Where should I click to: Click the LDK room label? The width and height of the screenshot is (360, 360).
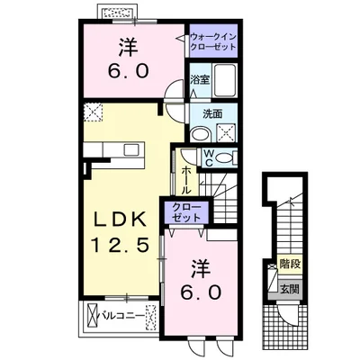(x=120, y=220)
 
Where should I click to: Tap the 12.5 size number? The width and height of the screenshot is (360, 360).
(x=120, y=245)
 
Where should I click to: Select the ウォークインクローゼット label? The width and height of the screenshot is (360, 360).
(x=213, y=41)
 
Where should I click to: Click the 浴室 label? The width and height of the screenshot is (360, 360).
(x=200, y=80)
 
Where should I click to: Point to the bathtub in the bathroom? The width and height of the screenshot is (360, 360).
(x=224, y=79)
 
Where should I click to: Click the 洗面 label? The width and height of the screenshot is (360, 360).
(x=212, y=113)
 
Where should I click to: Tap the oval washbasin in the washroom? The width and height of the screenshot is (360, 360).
(x=201, y=134)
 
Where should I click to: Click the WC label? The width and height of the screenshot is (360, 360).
(x=209, y=158)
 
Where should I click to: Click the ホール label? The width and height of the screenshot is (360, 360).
(x=186, y=180)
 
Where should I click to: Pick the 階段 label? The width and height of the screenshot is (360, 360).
(x=290, y=265)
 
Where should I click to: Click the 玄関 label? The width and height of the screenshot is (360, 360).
(x=290, y=289)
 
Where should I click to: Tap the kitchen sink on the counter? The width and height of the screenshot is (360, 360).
(x=131, y=149)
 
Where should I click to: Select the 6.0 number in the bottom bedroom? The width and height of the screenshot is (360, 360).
(x=201, y=292)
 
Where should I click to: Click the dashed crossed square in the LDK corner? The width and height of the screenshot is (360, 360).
(x=93, y=112)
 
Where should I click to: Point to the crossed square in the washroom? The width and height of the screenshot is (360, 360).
(x=225, y=132)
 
